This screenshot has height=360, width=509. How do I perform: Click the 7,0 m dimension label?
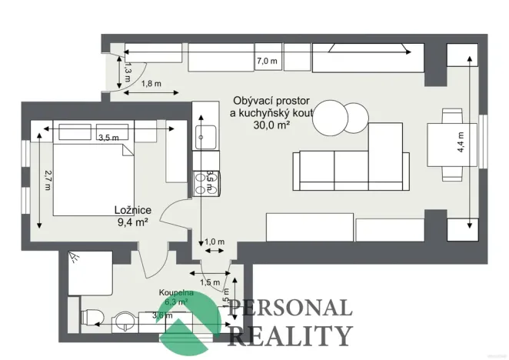coord(267,61)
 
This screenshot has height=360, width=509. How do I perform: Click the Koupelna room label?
coord(176,293)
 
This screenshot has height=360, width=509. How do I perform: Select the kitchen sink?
coord(205,140)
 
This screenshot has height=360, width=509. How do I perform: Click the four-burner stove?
coord(206,182)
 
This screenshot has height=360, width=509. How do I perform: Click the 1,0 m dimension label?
coord(215,242)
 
